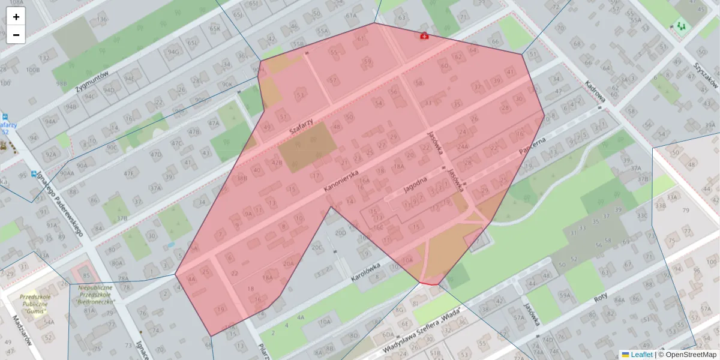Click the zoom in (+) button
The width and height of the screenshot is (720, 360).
[16, 17]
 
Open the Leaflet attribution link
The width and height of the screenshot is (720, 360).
[641, 355]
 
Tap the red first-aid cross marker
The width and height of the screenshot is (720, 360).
[425, 36]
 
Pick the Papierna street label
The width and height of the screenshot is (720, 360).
[532, 148]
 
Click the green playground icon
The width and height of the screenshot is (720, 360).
[680, 26]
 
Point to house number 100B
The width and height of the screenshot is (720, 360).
[33, 70]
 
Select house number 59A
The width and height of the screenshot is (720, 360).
[565, 295]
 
